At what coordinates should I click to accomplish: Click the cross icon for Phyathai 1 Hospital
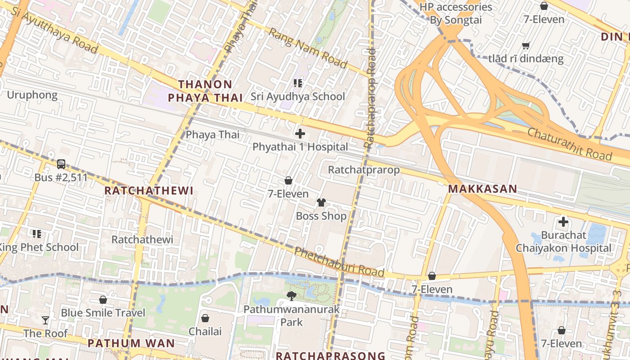(x=300, y=134)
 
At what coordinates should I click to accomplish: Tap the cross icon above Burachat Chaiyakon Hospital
(x=563, y=221)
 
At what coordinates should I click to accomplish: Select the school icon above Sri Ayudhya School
(x=297, y=83)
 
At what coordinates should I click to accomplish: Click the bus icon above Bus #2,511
(x=61, y=164)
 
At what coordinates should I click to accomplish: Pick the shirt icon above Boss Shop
(x=321, y=202)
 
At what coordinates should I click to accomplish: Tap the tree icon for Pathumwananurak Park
(x=292, y=296)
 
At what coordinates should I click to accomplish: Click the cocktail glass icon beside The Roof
(x=45, y=320)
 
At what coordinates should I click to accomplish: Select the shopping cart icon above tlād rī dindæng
(x=526, y=45)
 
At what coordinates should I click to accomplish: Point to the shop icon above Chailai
(x=205, y=318)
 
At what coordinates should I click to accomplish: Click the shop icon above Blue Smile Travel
(x=103, y=300)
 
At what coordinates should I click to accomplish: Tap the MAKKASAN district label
(x=483, y=189)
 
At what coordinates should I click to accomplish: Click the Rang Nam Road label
(x=308, y=48)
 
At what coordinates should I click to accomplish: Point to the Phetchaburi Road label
(x=339, y=261)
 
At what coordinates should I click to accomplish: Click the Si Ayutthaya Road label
(x=54, y=32)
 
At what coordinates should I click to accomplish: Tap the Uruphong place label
(x=32, y=95)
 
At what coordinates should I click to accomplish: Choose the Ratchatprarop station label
(x=364, y=170)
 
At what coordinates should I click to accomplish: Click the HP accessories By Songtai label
(x=456, y=13)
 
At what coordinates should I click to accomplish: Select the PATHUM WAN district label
(x=131, y=343)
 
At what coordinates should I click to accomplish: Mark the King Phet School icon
(x=36, y=234)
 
